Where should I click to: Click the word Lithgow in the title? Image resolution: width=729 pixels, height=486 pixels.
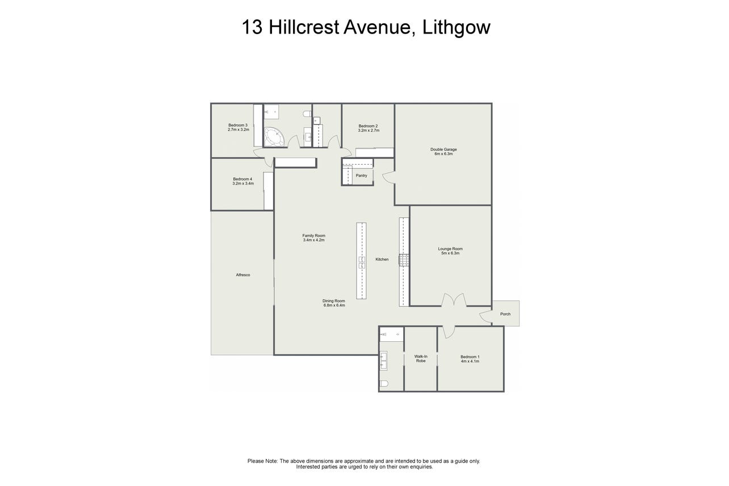[x=456, y=27]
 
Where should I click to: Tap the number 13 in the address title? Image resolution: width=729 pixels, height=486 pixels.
[x=252, y=27]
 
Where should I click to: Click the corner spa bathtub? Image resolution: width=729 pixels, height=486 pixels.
[x=274, y=137]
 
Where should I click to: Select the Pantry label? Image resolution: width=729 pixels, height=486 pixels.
[x=361, y=175]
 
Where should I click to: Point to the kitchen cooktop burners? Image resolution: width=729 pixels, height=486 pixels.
[x=404, y=261]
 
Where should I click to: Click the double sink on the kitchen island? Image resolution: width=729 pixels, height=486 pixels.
[x=362, y=262]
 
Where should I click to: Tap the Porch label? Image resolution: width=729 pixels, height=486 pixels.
[x=505, y=314]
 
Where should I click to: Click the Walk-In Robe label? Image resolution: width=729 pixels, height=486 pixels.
[x=421, y=359]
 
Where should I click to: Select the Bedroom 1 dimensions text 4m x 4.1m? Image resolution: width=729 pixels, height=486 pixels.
[x=470, y=361]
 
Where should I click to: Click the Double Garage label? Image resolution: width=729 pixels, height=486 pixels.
[x=443, y=149]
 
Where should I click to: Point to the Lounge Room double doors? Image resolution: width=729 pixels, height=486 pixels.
[x=454, y=300]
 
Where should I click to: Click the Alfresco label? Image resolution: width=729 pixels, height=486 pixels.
[x=243, y=275]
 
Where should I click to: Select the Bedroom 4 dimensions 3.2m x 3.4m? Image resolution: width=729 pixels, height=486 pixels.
[x=243, y=183]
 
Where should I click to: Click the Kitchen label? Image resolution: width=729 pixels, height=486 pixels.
[x=382, y=259]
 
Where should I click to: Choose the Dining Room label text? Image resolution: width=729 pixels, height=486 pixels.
[x=334, y=301]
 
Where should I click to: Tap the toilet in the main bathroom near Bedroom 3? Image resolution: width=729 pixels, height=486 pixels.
[x=307, y=114]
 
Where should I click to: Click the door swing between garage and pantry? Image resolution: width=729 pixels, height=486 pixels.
[x=388, y=178]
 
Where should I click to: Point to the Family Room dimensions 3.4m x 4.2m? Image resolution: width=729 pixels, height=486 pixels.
[x=314, y=240]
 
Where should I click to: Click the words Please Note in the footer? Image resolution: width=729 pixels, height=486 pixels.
[x=263, y=461]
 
